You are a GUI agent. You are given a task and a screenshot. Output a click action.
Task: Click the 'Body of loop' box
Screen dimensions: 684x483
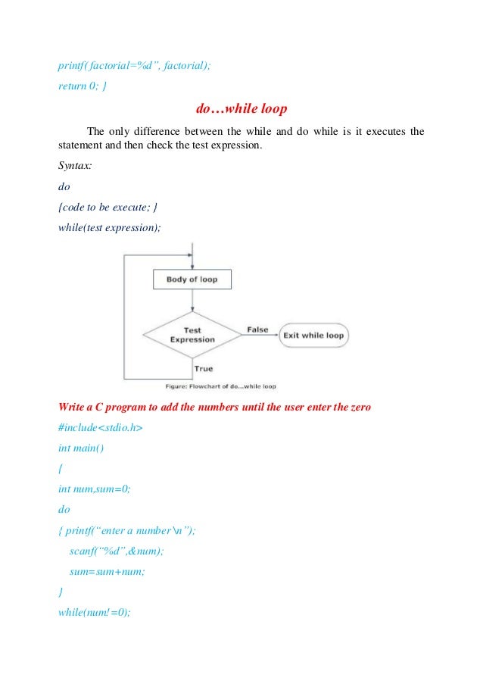(x=192, y=280)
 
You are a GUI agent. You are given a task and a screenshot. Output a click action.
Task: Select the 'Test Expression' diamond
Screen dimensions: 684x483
(x=192, y=335)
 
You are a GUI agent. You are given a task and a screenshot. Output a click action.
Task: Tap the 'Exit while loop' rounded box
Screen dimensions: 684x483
(x=313, y=336)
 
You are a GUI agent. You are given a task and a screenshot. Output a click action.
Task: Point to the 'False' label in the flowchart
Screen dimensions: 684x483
(x=257, y=330)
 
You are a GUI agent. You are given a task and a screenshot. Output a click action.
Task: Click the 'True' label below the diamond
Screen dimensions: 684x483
(x=204, y=368)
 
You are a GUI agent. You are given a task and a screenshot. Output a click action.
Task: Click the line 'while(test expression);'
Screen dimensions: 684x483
(x=109, y=226)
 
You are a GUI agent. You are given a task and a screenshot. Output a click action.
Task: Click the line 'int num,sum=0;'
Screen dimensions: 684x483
(x=95, y=489)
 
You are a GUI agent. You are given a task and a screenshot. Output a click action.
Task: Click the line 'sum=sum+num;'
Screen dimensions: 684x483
(x=101, y=572)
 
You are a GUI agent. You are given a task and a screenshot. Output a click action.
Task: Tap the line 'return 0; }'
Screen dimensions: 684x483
(x=83, y=86)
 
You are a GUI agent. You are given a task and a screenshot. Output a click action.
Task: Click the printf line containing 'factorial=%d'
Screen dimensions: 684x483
(x=135, y=66)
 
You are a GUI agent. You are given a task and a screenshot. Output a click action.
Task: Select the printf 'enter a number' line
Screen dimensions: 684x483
(x=126, y=531)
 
